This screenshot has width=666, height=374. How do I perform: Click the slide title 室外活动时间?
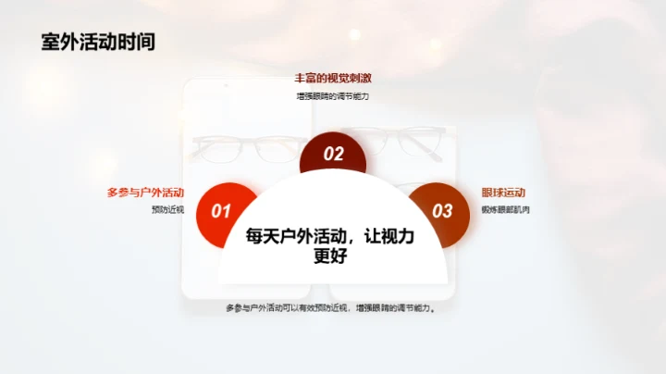[98, 42]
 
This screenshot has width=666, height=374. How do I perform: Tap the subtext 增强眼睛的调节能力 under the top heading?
[332, 95]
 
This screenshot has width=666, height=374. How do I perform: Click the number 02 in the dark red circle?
[333, 155]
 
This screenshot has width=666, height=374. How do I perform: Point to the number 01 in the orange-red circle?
[221, 211]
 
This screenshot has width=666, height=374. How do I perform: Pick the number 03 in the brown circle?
[442, 211]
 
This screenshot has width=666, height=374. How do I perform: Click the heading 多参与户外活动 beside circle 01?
[145, 193]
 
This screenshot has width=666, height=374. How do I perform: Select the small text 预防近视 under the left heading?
[167, 209]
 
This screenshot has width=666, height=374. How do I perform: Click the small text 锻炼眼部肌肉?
[505, 209]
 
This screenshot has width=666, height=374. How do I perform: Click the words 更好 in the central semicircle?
[330, 256]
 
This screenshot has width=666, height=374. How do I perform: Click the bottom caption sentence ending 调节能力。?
[330, 307]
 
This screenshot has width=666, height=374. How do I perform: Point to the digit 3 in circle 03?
[448, 211]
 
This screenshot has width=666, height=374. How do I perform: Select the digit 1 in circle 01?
[227, 211]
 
